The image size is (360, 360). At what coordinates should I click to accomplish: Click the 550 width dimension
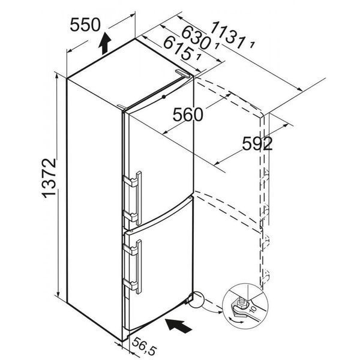tap(85, 25)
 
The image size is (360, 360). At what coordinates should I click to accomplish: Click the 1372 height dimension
tap(49, 178)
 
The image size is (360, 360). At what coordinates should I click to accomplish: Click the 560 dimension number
tap(188, 115)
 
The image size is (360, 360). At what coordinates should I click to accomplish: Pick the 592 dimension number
tap(257, 144)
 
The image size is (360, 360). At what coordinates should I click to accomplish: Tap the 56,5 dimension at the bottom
tap(145, 346)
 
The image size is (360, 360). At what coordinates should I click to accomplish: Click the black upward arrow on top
tap(104, 43)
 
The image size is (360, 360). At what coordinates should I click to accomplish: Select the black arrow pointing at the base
tap(179, 325)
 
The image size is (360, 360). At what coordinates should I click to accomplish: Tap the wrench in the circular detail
tap(247, 308)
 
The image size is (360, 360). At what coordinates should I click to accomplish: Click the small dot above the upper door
tap(164, 97)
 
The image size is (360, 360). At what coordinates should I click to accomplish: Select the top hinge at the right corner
tap(183, 73)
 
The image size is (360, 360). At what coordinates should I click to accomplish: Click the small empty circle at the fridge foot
tap(196, 299)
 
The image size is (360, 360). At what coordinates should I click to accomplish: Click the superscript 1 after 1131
tap(252, 45)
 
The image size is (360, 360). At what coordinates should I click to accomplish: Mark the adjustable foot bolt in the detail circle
tap(241, 302)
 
